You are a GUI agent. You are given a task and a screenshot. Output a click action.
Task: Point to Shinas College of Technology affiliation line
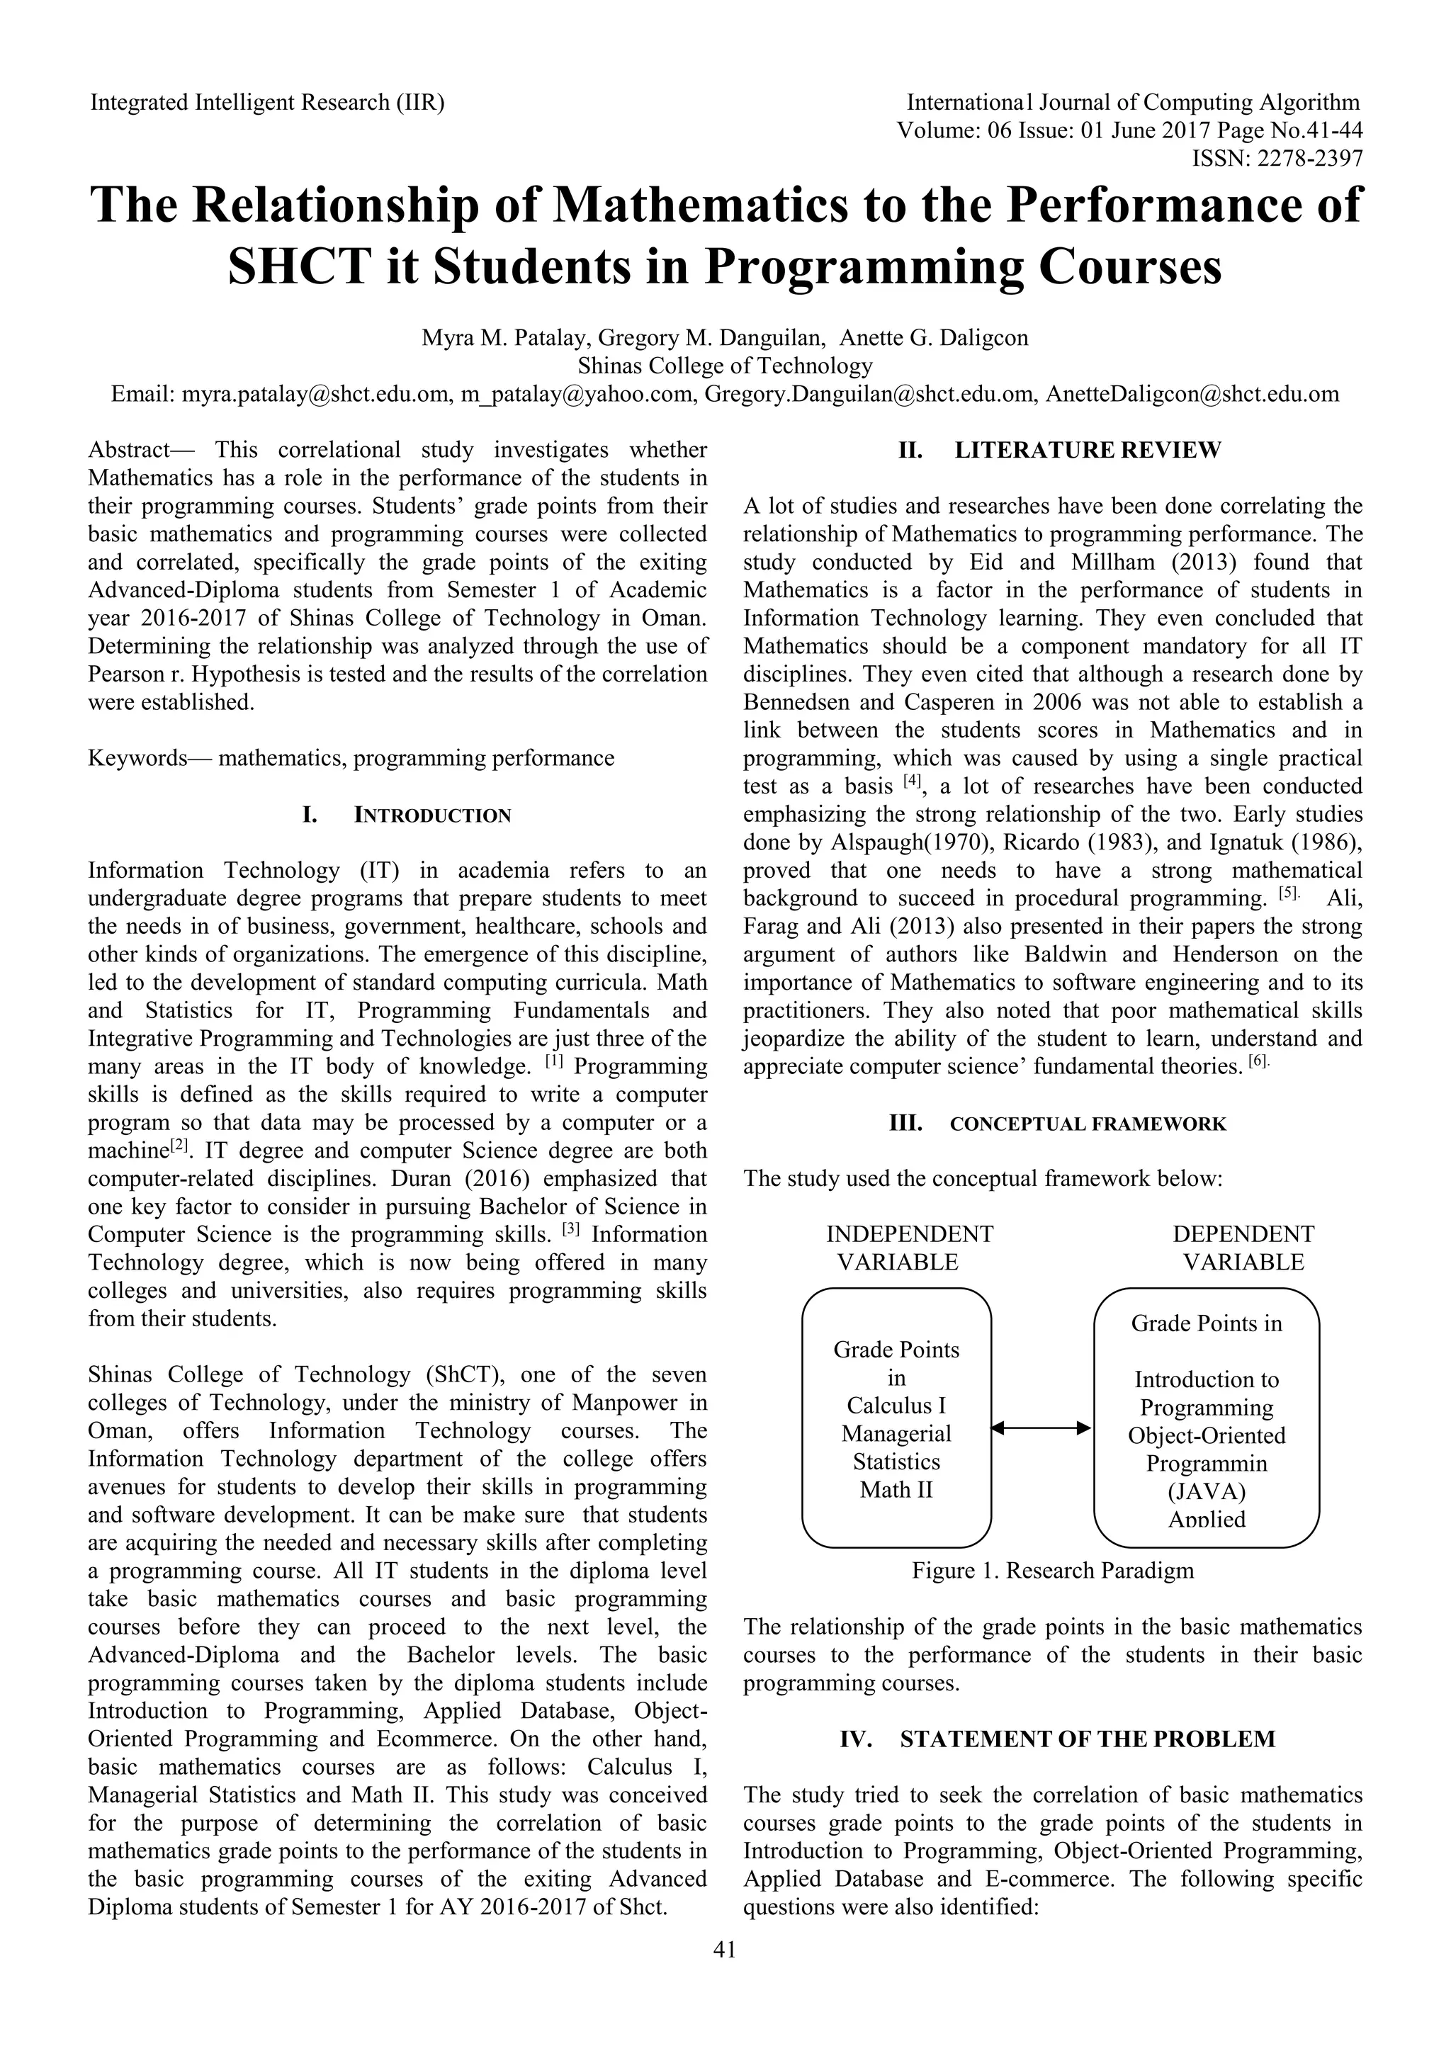[725, 366]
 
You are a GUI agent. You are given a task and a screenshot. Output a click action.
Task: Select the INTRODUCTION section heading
[432, 815]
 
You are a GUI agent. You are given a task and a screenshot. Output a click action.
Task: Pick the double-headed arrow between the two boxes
[1041, 1428]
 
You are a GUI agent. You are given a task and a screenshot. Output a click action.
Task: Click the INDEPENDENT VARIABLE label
[909, 1248]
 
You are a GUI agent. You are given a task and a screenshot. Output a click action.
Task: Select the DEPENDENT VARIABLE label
[1243, 1248]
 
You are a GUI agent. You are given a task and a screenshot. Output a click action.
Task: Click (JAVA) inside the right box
[1206, 1492]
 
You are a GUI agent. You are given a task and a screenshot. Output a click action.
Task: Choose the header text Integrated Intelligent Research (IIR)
[267, 103]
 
